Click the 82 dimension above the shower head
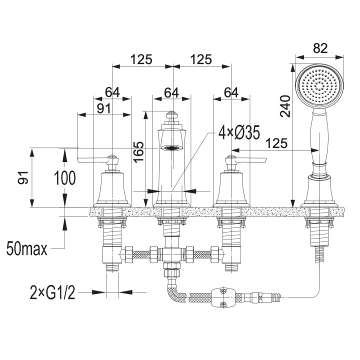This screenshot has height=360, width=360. tap(320, 48)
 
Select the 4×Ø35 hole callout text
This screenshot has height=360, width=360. tap(239, 132)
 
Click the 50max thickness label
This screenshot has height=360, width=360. tap(27, 248)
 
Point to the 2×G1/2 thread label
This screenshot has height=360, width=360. tap(52, 292)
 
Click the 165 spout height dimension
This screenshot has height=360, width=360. tap(138, 152)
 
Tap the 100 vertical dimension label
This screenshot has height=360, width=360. tap(64, 178)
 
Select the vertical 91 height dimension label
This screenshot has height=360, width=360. tap(23, 177)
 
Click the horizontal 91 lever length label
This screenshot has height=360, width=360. tap(104, 108)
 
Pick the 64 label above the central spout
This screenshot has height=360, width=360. tap(171, 93)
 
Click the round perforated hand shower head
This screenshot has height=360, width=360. tap(319, 86)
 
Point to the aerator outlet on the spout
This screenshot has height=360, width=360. tap(171, 147)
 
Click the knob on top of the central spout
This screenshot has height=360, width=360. tap(170, 115)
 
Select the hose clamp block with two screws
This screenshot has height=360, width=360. tap(223, 297)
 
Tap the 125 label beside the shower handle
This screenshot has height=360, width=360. tap(276, 143)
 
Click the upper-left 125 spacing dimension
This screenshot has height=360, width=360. tap(141, 59)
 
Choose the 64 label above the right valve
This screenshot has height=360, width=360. tap(231, 93)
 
